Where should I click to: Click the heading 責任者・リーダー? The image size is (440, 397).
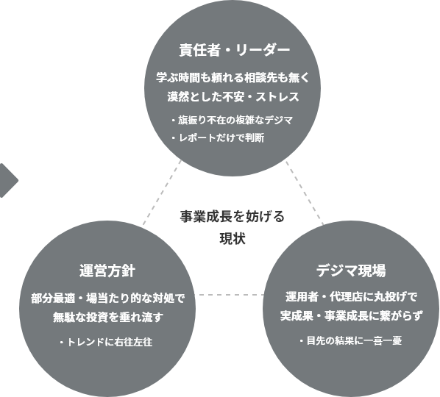coord(235,51)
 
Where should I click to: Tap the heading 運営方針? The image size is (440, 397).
coord(107,271)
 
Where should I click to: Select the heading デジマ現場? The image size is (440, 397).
coord(351,271)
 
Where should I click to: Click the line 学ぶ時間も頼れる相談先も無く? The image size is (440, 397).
coord(233,77)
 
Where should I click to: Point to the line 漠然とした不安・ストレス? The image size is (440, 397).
coord(233,97)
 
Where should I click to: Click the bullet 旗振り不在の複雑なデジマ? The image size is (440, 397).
coord(232,120)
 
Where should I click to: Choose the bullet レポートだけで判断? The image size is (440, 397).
coord(218,137)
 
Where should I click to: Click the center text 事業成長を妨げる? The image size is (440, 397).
coord(233,216)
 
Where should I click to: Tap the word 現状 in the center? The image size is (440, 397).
coord(233,239)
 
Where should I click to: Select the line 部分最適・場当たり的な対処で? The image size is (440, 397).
coord(108,298)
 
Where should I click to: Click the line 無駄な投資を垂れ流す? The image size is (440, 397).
coord(108,318)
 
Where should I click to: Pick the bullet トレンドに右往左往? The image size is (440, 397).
coord(106,342)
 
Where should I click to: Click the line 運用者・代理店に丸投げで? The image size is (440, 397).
coord(351,297)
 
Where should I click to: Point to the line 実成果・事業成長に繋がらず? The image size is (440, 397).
coord(351,316)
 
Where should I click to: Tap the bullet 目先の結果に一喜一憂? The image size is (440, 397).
coord(351,340)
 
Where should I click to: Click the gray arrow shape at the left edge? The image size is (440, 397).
coord(9,181)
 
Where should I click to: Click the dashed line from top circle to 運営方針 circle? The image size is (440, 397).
coord(162,193)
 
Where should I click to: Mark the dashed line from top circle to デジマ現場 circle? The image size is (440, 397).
coord(305,193)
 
